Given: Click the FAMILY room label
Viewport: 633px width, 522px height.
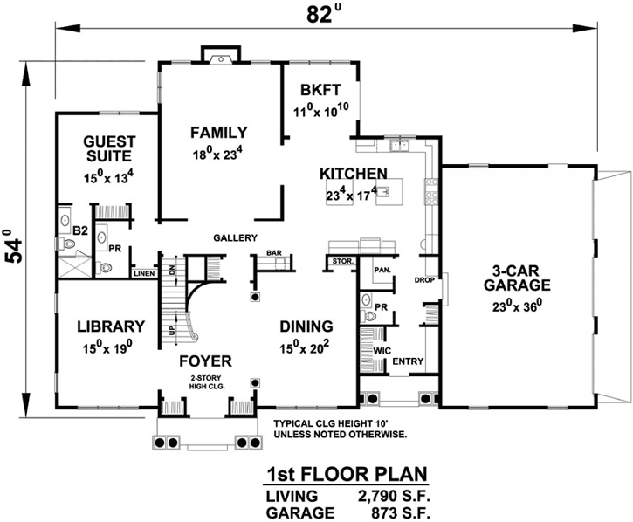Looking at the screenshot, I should (x=218, y=133).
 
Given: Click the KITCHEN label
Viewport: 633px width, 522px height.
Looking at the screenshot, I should (x=353, y=173).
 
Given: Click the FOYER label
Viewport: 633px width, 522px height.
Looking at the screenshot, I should (x=205, y=361).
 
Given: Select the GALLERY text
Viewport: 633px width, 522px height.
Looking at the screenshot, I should (x=235, y=237).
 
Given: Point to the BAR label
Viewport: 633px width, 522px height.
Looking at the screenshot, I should (x=274, y=253).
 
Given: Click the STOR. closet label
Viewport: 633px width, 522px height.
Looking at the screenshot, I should (x=341, y=261).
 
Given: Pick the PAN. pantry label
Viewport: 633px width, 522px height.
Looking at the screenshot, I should (x=381, y=271).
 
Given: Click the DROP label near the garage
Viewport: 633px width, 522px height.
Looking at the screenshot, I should (x=425, y=280).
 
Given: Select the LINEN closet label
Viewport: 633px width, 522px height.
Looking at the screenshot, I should (x=144, y=273).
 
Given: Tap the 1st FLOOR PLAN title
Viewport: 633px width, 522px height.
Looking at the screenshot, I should (x=346, y=476).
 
